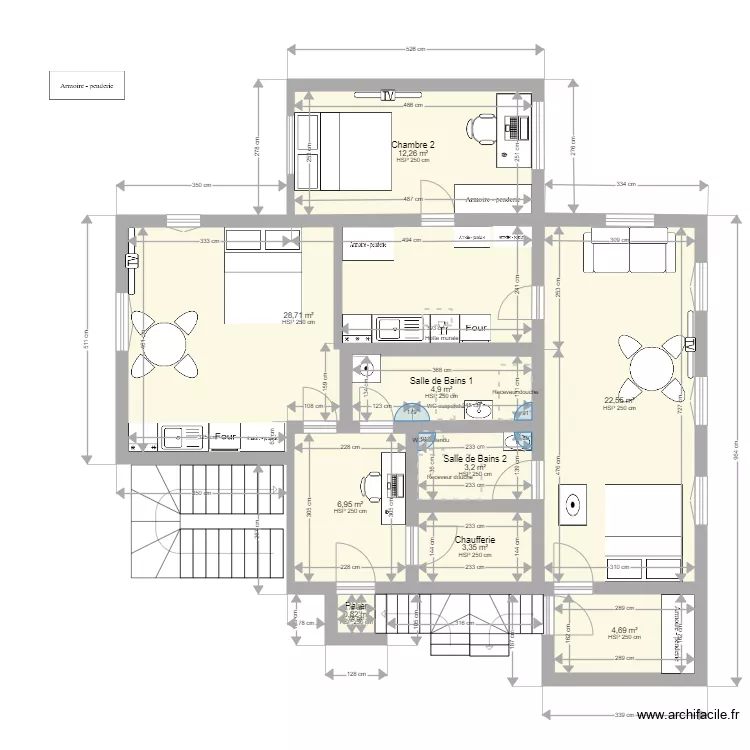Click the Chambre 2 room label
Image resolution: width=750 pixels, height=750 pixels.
click(412, 145)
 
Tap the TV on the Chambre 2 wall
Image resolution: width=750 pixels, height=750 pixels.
click(388, 96)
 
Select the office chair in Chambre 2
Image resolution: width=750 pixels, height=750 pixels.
click(481, 126)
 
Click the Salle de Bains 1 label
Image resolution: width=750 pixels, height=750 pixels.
click(441, 380)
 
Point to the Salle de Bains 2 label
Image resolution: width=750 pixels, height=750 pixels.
click(475, 458)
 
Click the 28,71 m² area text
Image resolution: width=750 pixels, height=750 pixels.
click(298, 315)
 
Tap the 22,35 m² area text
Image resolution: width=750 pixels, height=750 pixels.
click(619, 401)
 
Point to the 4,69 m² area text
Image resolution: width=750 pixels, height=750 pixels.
click(624, 630)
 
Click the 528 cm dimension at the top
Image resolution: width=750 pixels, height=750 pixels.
click(416, 48)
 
